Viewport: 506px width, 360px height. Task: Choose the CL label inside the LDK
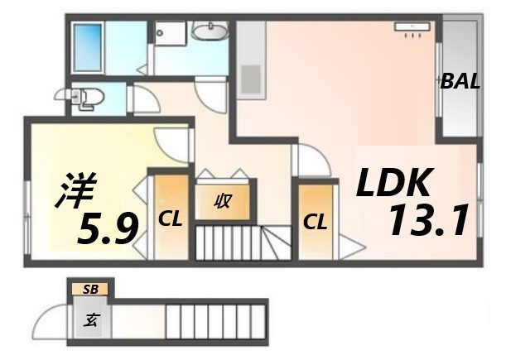pos(314,222)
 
